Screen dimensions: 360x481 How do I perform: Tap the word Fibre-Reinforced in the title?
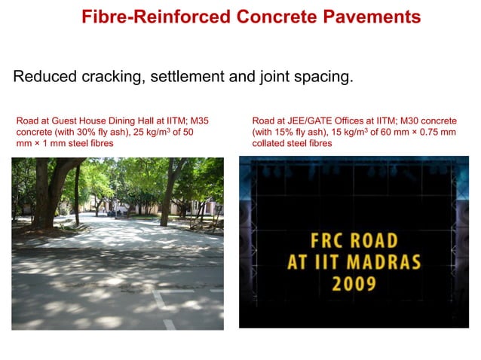point(140,17)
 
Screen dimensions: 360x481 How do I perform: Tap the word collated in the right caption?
point(270,143)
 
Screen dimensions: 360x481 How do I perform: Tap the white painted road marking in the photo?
point(160,301)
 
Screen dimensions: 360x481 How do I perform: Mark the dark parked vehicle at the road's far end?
point(112,212)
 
